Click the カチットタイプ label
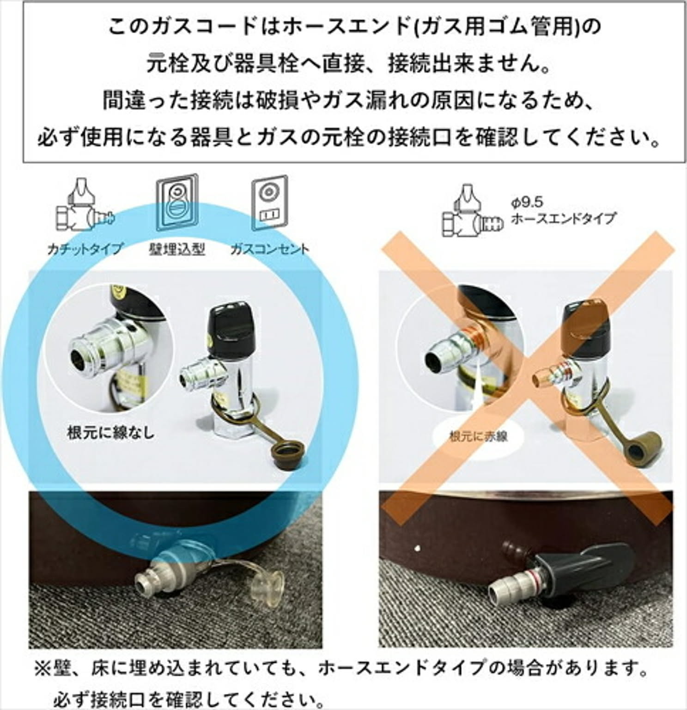click(85, 249)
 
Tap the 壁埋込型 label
click(177, 249)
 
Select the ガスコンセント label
click(270, 249)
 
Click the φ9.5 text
click(526, 202)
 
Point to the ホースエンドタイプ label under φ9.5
click(563, 217)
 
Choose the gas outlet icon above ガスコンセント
click(270, 203)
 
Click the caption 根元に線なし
click(110, 433)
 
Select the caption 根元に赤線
click(478, 436)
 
